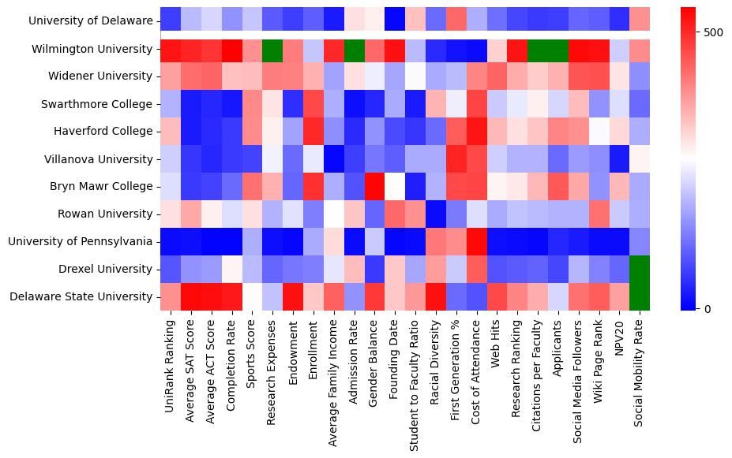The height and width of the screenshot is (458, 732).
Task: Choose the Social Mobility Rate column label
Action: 640,366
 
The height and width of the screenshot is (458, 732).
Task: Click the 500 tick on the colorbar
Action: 714,32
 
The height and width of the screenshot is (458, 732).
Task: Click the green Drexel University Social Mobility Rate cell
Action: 640,269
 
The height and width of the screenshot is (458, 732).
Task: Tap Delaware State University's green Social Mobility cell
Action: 640,296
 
